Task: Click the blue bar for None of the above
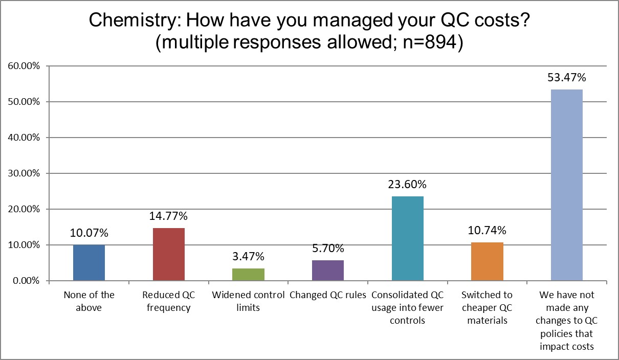click(x=89, y=263)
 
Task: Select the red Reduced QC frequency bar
click(x=169, y=254)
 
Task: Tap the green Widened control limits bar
click(x=248, y=275)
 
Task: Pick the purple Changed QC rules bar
click(x=328, y=271)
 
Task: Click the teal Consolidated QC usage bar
click(x=408, y=238)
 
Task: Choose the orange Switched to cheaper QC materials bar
click(x=487, y=261)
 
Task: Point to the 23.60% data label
click(x=408, y=185)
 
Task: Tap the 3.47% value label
click(x=248, y=256)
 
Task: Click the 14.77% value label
click(x=169, y=216)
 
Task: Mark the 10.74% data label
click(x=487, y=231)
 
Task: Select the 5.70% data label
click(x=328, y=249)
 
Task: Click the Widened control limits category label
click(x=248, y=301)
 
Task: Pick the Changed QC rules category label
click(x=328, y=295)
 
